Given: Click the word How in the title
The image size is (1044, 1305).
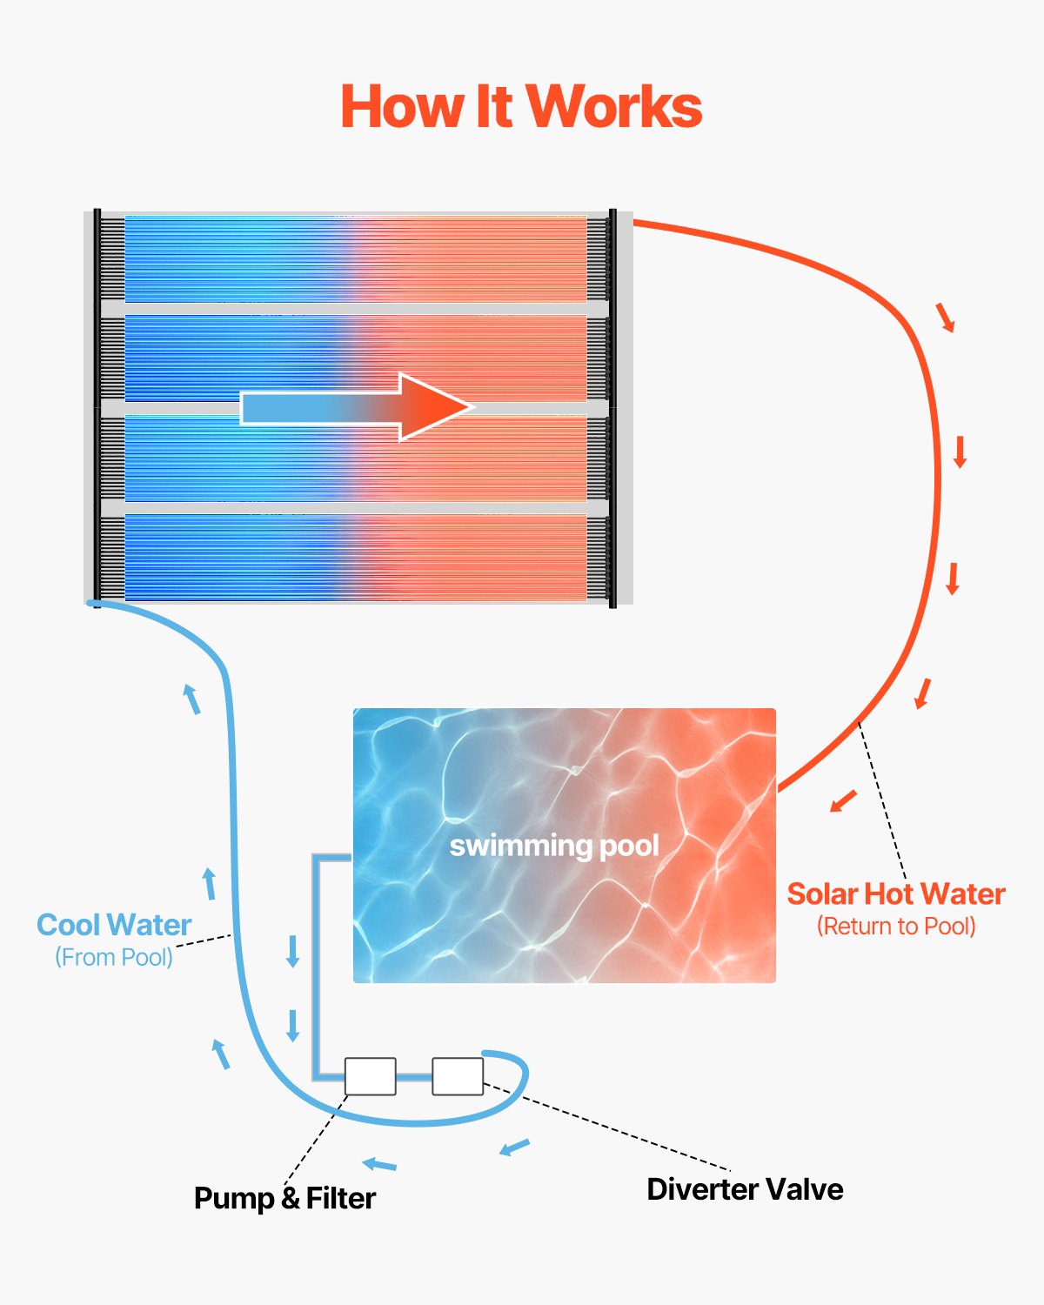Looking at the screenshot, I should [402, 107].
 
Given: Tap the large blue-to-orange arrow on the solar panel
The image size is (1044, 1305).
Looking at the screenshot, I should [357, 407].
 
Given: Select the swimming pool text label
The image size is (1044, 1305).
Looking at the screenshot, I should [554, 846].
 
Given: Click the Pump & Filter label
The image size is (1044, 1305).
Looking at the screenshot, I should [284, 1198].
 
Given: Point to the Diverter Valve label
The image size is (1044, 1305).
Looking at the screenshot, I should [745, 1189].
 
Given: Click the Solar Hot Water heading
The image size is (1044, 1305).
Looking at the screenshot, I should [896, 894].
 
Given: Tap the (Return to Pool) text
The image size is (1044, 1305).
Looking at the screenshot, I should [896, 927].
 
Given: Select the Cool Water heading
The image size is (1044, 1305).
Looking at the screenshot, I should [114, 925].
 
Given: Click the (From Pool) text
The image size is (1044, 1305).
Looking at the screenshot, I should [114, 957].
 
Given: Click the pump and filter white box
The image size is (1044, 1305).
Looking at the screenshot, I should [371, 1076].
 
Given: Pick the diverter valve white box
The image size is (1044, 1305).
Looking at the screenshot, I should [458, 1076].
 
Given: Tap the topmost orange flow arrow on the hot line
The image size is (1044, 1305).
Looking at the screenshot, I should [946, 318].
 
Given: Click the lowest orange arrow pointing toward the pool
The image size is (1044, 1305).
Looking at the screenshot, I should [843, 800].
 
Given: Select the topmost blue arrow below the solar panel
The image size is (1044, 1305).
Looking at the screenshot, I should [191, 699].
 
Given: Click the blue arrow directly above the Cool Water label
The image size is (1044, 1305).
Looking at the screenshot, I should [209, 883].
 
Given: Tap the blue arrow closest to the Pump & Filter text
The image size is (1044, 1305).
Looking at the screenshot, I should [379, 1164].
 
